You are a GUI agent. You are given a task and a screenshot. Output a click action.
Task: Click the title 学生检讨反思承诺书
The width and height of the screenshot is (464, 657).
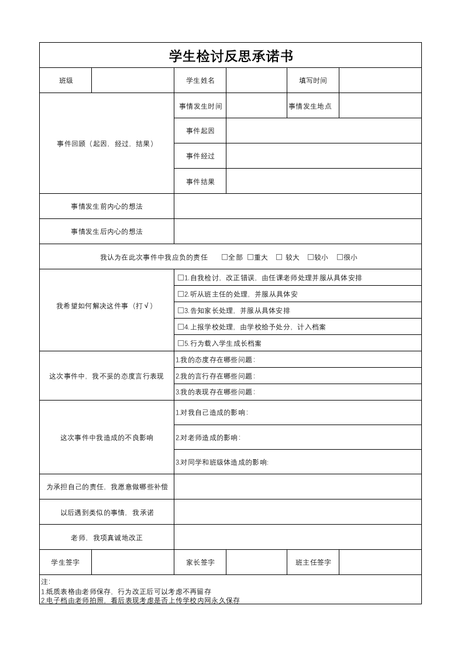tap(231, 56)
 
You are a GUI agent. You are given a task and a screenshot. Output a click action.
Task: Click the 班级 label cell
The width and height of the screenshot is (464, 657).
tap(66, 81)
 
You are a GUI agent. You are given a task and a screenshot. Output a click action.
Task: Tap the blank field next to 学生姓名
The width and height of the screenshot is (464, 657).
tap(256, 81)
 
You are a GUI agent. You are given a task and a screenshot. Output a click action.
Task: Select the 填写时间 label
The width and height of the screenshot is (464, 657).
tap(313, 81)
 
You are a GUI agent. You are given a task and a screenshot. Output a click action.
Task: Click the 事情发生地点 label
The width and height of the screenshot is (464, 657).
tap(310, 106)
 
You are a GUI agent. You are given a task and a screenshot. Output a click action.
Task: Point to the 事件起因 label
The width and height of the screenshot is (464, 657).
tap(200, 131)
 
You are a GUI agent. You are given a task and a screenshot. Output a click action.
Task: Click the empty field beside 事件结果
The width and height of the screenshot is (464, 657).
tap(324, 182)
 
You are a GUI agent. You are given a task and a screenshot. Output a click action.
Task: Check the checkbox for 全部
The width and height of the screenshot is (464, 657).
tap(225, 257)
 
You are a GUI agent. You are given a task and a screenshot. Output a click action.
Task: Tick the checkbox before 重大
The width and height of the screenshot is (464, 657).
tap(250, 257)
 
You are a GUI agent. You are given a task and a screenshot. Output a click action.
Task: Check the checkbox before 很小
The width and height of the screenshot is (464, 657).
tap(340, 257)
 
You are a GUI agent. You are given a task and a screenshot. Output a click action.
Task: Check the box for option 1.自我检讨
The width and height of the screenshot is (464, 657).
tap(181, 278)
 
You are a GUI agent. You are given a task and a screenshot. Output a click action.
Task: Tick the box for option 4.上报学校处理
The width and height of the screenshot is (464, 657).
tap(181, 327)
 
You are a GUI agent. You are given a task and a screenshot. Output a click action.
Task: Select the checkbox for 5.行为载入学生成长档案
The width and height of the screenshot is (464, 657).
tap(181, 344)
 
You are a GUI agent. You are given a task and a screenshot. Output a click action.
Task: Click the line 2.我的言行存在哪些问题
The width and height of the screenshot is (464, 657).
tap(215, 376)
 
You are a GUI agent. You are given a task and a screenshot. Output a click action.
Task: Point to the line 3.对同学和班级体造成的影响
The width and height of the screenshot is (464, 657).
tap(222, 462)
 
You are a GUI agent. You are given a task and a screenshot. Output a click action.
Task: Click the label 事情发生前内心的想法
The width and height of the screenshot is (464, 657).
tap(106, 207)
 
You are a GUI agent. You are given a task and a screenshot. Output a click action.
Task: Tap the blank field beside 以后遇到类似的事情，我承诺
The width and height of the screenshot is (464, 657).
tap(297, 512)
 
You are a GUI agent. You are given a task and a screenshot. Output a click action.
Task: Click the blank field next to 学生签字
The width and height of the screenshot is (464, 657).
tap(133, 563)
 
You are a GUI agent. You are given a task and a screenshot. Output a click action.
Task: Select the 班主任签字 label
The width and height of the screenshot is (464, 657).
tap(313, 563)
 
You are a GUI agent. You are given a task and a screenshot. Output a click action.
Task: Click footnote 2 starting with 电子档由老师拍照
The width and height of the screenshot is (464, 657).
tap(140, 600)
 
